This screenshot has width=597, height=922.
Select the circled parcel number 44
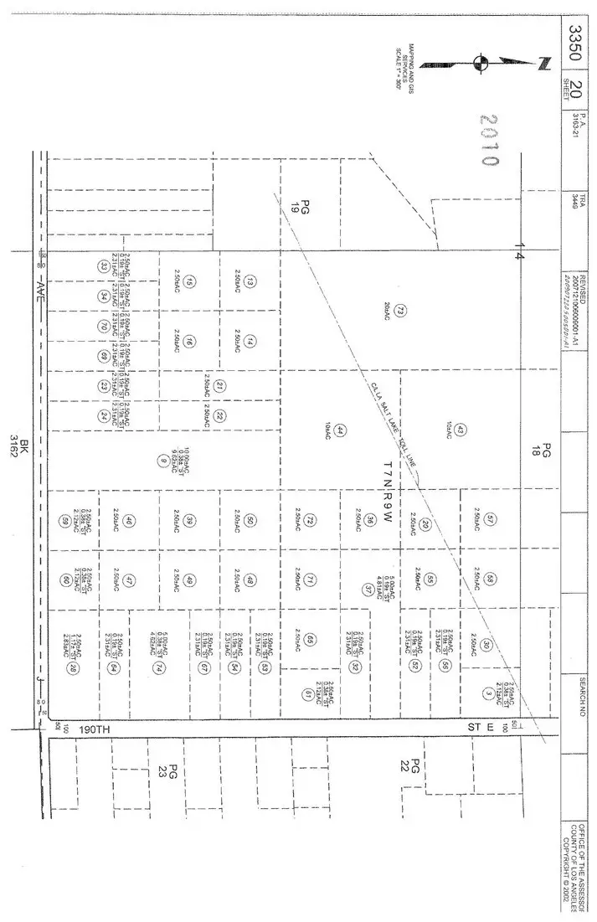[x=340, y=430]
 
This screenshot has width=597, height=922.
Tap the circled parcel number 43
[x=461, y=430]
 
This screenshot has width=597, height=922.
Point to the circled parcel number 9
[x=162, y=459]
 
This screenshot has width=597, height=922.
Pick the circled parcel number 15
[x=191, y=282]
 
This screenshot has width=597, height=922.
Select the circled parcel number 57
[x=491, y=518]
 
